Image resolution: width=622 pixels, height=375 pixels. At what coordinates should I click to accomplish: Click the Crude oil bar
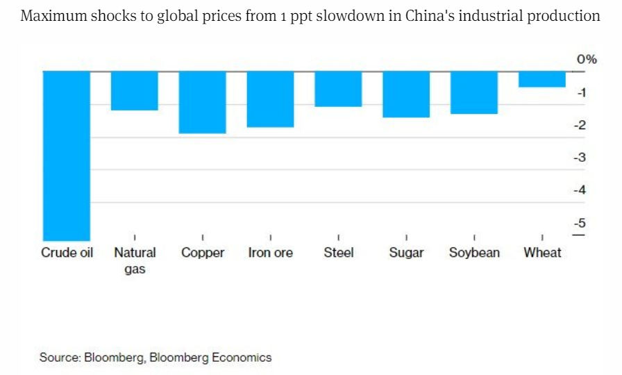[67, 155]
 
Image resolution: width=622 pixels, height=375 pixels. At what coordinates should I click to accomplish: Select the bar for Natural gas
[135, 90]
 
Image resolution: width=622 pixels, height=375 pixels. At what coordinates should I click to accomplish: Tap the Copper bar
[202, 101]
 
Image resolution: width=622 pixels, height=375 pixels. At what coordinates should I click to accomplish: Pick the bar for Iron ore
[270, 99]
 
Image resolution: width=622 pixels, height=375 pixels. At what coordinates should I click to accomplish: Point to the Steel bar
[338, 88]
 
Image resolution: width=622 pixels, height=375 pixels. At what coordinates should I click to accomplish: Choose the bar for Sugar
[406, 94]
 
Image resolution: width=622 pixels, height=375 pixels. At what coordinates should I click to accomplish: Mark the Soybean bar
[473, 92]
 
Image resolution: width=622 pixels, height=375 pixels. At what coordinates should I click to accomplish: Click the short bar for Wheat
[541, 78]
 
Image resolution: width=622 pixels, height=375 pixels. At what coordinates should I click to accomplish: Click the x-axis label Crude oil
[67, 253]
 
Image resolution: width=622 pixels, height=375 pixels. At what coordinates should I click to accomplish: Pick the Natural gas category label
[135, 260]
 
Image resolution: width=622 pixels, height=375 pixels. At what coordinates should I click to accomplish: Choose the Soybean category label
[474, 253]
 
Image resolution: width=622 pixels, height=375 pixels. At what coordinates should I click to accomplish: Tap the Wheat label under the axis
[542, 253]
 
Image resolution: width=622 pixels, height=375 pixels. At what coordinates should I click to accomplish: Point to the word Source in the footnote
[59, 358]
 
